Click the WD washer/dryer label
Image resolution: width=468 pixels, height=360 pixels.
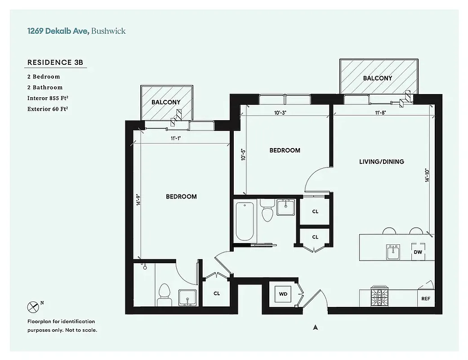click(283, 294)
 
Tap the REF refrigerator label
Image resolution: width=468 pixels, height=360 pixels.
click(425, 298)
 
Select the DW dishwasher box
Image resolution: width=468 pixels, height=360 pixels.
click(418, 252)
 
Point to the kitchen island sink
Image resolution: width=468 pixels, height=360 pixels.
click(393, 252)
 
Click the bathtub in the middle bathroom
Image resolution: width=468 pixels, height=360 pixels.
click(245, 222)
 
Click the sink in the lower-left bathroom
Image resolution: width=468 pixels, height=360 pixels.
click(187, 297)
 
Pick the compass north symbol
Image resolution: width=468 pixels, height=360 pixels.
click(33, 307)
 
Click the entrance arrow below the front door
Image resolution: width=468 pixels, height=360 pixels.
click(316, 328)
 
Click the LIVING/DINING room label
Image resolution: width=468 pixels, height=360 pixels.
click(382, 162)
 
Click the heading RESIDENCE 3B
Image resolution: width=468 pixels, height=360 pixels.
click(55, 63)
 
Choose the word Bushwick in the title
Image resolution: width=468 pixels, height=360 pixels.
click(108, 31)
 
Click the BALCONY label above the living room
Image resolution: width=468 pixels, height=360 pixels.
click(377, 78)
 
